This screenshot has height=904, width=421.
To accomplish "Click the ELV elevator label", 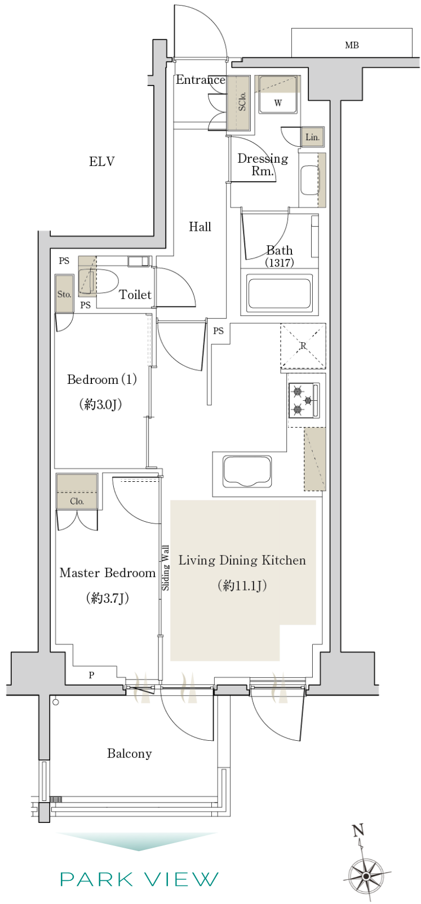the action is click(x=102, y=162).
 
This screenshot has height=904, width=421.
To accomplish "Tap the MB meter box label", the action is click(x=352, y=45).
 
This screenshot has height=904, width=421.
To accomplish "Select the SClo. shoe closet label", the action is click(x=242, y=101).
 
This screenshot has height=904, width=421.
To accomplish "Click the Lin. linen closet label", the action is click(x=312, y=137).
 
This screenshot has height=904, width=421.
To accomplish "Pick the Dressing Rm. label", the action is click(x=263, y=164).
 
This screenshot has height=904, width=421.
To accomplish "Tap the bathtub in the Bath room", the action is click(x=279, y=293).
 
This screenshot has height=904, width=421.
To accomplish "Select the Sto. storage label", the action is click(x=64, y=294).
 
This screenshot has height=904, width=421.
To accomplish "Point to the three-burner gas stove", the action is click(x=304, y=400).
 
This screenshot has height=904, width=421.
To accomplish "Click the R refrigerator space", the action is click(x=303, y=346).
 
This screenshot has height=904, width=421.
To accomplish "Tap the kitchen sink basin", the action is click(x=247, y=471).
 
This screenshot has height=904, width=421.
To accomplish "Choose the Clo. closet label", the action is click(x=77, y=501).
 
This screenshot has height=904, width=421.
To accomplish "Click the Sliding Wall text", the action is click(x=165, y=568).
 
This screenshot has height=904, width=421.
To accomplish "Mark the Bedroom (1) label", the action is click(x=102, y=380).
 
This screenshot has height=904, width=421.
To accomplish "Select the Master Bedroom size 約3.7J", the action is click(x=108, y=598).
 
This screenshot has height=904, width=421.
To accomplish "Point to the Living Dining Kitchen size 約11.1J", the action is click(x=242, y=585).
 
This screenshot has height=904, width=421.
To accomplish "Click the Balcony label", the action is click(x=129, y=754).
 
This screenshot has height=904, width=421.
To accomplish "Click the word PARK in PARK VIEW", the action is click(x=96, y=879).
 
